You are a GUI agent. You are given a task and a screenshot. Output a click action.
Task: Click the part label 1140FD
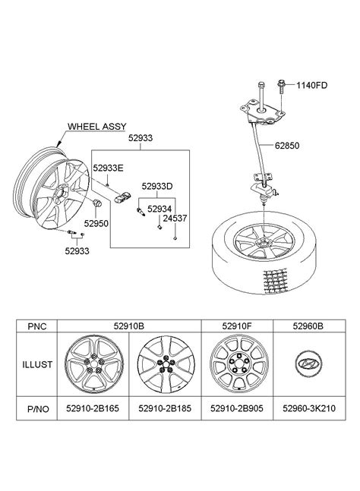pyautogui.click(x=311, y=85)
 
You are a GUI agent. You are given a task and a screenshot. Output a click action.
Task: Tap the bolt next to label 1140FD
pyautogui.click(x=280, y=87)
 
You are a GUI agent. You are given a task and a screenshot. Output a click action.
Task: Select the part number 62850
pyautogui.click(x=287, y=146)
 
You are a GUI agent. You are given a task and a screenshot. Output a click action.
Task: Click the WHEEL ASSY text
pyautogui.click(x=96, y=127)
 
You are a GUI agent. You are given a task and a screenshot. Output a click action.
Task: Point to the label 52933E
pyautogui.click(x=108, y=168)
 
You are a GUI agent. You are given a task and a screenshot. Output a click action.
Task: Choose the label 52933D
pyautogui.click(x=157, y=187)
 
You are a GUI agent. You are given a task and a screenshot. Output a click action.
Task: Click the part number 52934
pyautogui.click(x=159, y=209)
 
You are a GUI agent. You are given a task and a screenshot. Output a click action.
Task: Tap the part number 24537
pyautogui.click(x=175, y=219)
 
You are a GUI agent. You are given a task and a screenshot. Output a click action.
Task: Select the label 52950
pyautogui.click(x=96, y=224)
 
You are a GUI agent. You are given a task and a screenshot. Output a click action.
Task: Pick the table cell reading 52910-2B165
pyautogui.click(x=93, y=408)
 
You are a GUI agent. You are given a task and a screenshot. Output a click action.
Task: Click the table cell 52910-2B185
pyautogui.click(x=165, y=408)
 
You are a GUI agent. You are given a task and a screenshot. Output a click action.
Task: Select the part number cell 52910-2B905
pyautogui.click(x=237, y=408)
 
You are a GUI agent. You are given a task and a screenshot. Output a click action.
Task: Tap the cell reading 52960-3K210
pyautogui.click(x=309, y=408)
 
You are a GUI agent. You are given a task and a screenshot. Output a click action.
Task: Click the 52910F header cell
pyautogui.click(x=237, y=326)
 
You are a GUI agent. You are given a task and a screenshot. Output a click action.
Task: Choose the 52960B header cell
pyautogui.click(x=308, y=326)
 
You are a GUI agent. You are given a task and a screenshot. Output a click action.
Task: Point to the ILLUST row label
pyautogui.click(x=37, y=364)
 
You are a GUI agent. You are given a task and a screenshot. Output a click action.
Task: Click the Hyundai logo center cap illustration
pyautogui.click(x=309, y=364)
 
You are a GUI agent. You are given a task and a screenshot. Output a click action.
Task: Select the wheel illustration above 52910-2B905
pyautogui.click(x=239, y=364)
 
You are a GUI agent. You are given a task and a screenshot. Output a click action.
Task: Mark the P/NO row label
pyautogui.click(x=38, y=408)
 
